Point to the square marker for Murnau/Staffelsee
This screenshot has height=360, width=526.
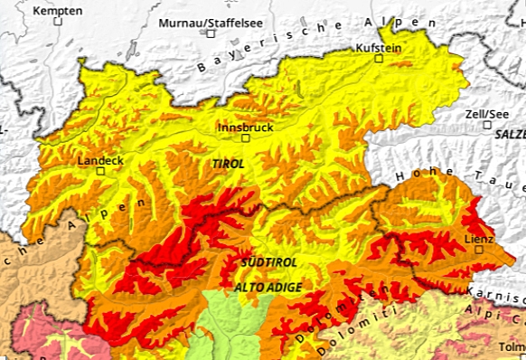tap(211, 33)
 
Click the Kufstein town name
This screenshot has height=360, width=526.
tap(378, 47)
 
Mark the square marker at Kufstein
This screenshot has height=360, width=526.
tap(380, 59)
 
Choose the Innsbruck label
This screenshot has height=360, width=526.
tap(245, 128)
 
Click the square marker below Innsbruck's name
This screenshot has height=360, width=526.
tap(245, 139)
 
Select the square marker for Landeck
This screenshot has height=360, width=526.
tap(100, 170)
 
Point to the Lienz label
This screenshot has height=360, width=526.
tap(479, 239)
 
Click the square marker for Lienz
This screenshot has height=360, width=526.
tap(478, 251)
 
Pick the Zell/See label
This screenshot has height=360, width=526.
tap(485, 114)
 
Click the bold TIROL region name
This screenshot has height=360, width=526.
tap(228, 164)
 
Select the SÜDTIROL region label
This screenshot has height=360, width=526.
tap(268, 261)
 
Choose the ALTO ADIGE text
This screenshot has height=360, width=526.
tap(268, 287)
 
